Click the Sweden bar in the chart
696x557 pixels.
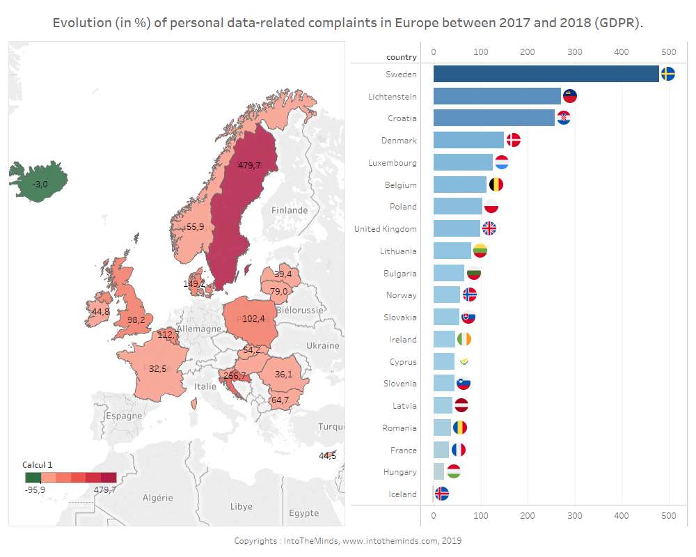[546, 74]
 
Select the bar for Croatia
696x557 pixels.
[493, 118]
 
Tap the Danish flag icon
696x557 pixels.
[514, 140]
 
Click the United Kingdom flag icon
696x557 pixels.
[489, 228]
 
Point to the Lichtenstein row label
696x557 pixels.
[393, 96]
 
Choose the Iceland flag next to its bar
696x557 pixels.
[441, 494]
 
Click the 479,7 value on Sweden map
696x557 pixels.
[249, 165]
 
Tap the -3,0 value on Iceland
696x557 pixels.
[40, 184]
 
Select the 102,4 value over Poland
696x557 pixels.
[253, 318]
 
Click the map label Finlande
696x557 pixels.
[290, 210]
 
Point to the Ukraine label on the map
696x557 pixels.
[322, 345]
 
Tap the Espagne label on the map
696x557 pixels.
[124, 416]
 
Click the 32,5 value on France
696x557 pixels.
[157, 368]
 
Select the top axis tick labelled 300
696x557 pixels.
[574, 52]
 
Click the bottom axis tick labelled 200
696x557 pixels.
[528, 515]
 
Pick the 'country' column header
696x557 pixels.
[402, 57]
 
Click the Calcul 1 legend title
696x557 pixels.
[38, 464]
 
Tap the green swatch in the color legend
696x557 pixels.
[33, 478]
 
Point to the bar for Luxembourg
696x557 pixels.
[463, 162]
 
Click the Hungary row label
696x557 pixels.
[400, 471]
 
